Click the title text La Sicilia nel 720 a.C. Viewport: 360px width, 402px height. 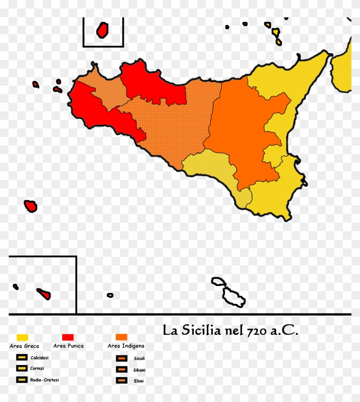pos(230,331)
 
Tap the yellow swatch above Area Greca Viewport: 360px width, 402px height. pos(22,337)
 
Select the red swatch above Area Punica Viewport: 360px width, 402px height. pos(68,337)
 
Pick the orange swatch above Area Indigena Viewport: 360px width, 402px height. pos(121,337)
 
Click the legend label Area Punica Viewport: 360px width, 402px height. pos(69,346)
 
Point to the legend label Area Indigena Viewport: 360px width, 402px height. pos(126,346)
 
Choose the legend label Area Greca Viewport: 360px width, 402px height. pos(24,346)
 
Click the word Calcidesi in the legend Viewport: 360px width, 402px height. pos(39,357)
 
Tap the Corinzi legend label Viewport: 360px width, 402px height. pos(37,368)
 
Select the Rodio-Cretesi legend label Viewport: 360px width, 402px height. pos(45,380)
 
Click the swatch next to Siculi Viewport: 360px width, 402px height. pos(122,358)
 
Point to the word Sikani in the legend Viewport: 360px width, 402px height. pos(140,369)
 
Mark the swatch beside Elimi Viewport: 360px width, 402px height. pos(122,380)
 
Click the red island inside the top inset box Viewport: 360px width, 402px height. pos(102,30)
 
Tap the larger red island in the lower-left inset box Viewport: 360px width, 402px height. pos(44,294)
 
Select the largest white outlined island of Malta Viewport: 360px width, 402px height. pos(234,297)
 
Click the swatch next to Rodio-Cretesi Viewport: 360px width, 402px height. pos(22,379)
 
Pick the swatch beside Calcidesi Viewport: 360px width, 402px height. pos(22,357)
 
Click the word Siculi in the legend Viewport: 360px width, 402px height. pos(139,359)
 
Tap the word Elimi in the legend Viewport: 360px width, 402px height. pos(139,380)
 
